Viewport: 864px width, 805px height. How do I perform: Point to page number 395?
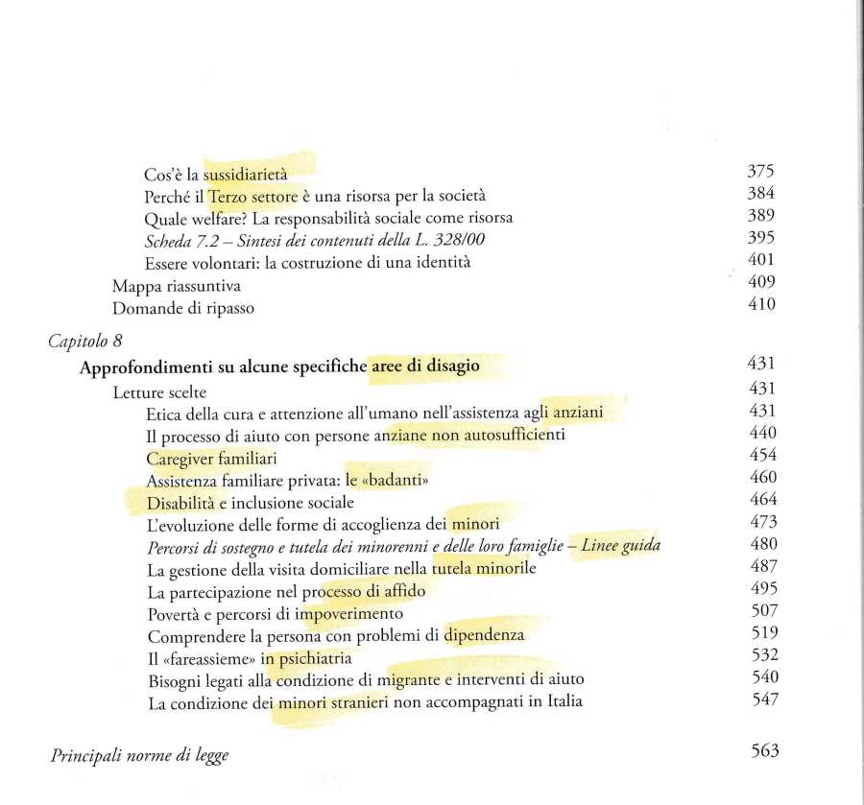pos(759,238)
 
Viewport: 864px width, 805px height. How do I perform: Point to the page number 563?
pos(764,751)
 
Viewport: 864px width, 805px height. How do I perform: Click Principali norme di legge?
pos(139,755)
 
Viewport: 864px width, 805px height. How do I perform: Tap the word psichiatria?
pos(313,658)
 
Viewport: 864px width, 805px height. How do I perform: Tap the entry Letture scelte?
pos(159,391)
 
